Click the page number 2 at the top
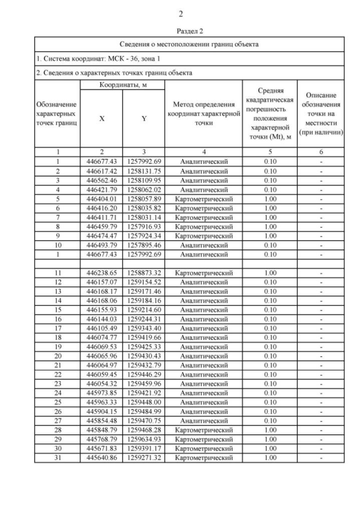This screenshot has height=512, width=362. click(x=180, y=14)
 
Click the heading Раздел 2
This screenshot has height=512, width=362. click(x=181, y=31)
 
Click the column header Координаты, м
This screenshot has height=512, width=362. click(x=122, y=84)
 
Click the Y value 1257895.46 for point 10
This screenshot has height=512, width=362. click(x=144, y=245)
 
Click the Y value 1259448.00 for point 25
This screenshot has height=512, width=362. click(x=144, y=402)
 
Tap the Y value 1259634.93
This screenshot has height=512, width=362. click(x=144, y=439)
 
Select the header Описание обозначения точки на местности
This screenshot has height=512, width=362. click(x=321, y=113)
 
